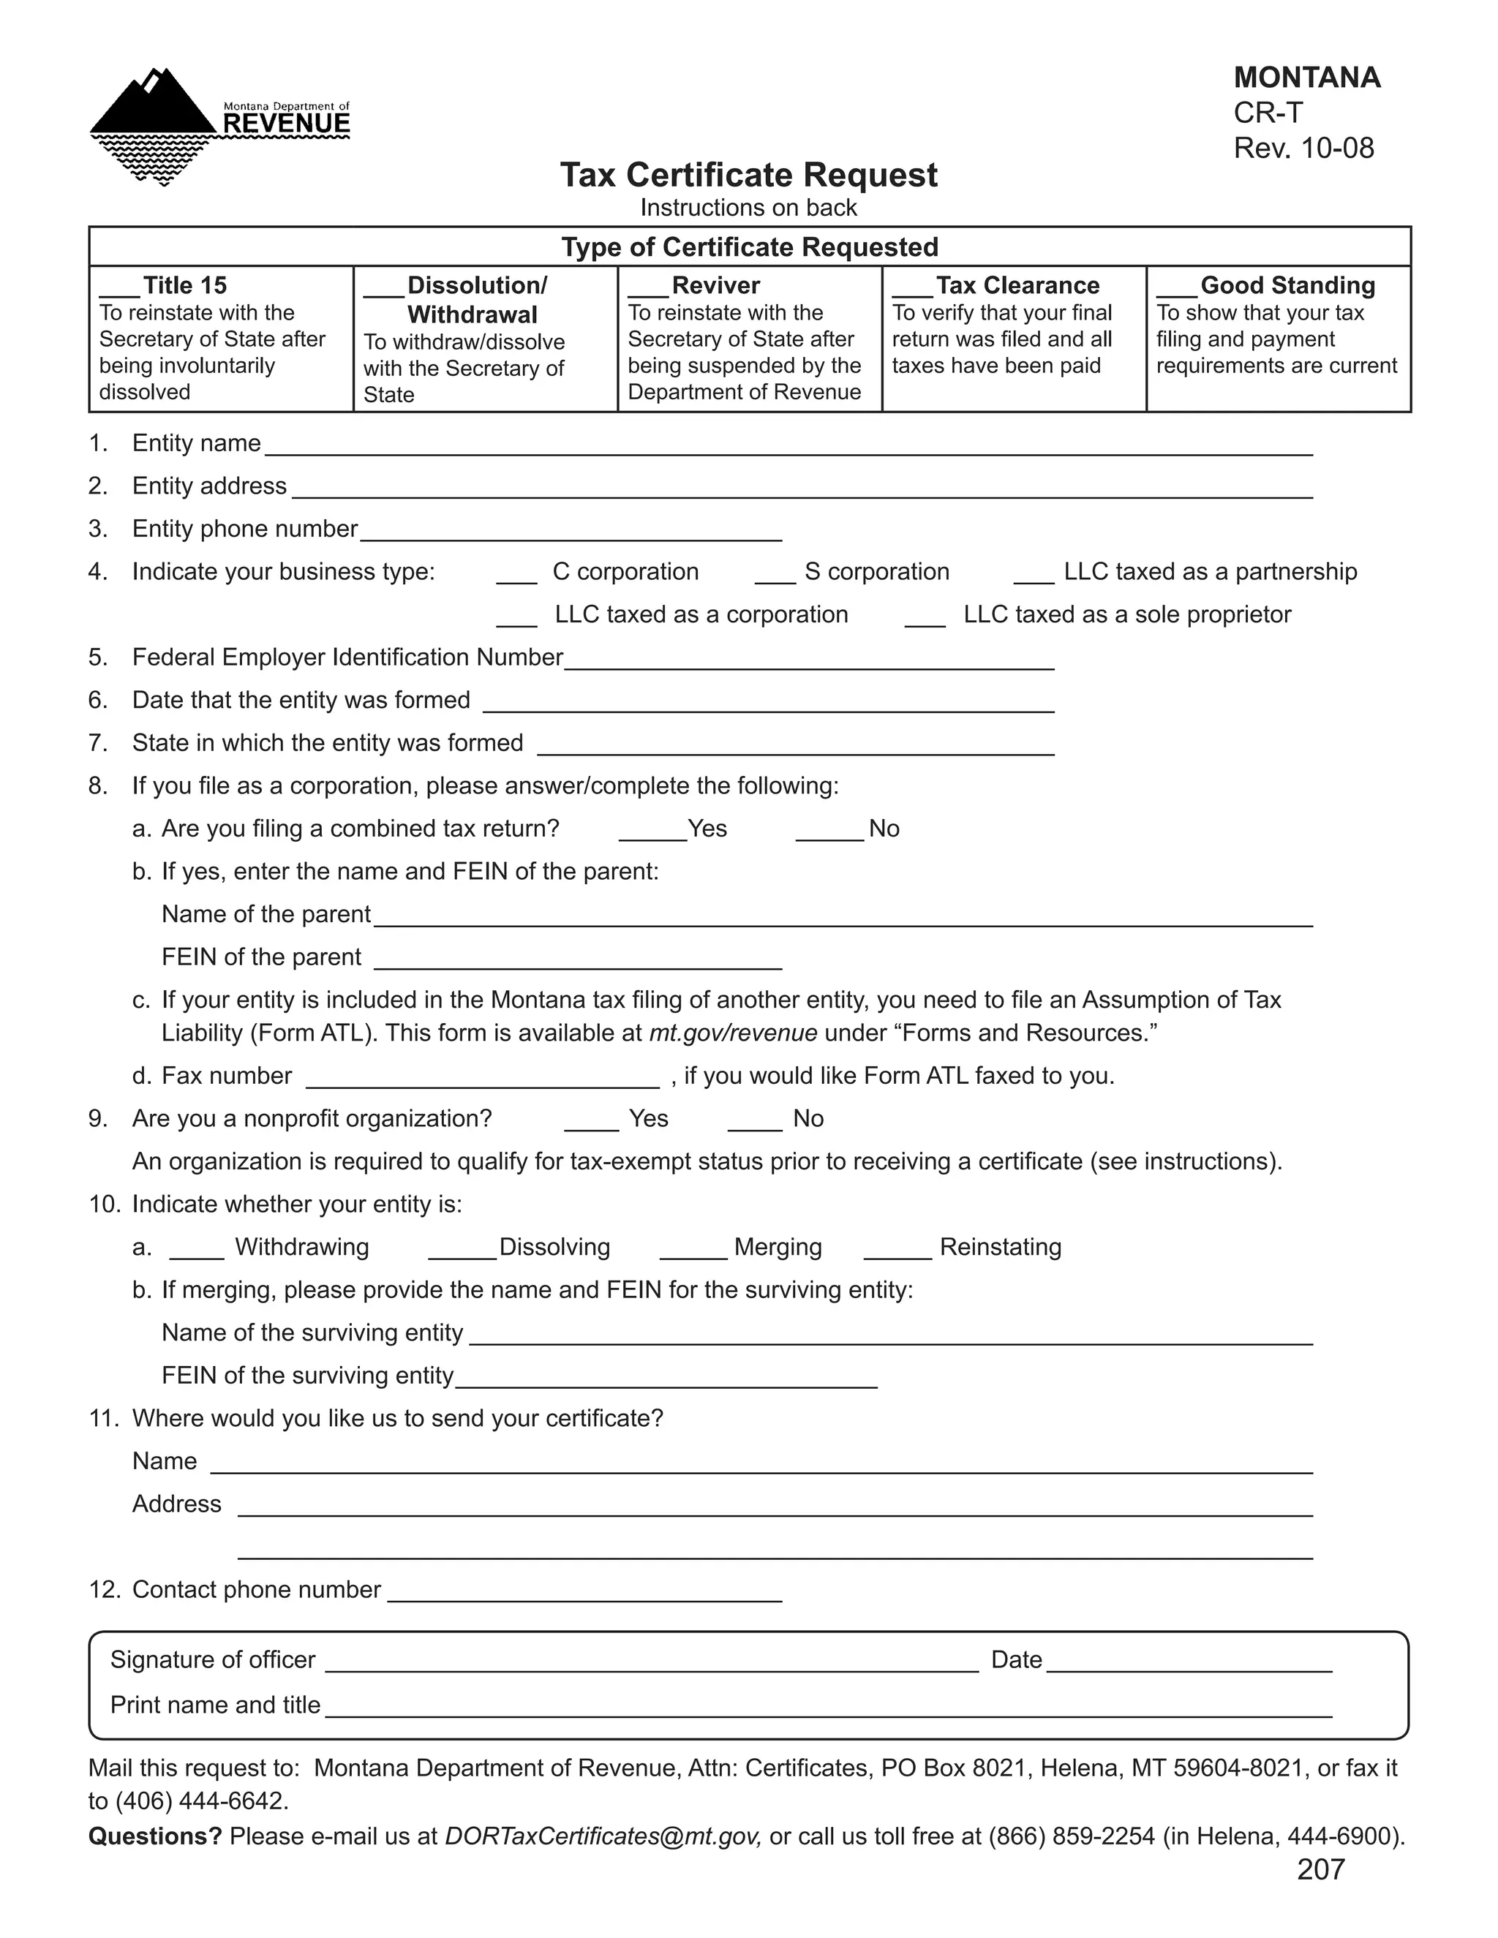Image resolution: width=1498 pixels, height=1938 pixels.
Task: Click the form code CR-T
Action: (1268, 113)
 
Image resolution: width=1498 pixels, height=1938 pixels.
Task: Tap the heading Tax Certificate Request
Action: (748, 175)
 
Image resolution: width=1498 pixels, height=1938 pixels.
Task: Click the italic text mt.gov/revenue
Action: (733, 1033)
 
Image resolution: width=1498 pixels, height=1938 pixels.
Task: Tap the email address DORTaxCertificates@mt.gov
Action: (603, 1836)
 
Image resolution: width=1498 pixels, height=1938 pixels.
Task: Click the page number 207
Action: (1320, 1870)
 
